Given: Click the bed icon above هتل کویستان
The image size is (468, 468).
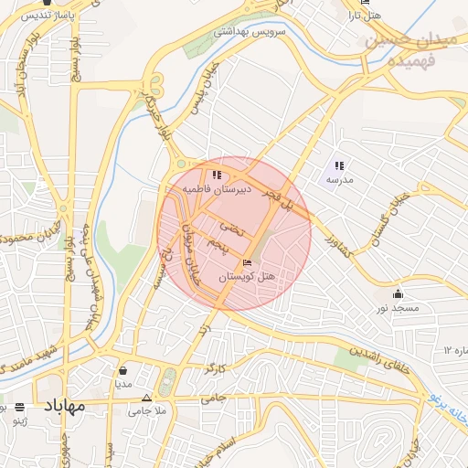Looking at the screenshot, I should tap(248, 263).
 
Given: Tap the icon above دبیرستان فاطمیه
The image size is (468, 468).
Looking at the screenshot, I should tap(216, 175).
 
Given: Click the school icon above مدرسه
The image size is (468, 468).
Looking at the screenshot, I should tap(339, 166).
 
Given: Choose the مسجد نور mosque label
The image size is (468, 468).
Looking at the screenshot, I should tap(399, 308).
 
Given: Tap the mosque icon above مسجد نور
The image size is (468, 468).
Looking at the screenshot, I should tap(398, 294).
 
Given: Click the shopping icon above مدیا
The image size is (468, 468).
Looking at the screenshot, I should tap(123, 370).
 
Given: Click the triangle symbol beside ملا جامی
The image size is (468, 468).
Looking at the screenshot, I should tap(147, 399).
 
